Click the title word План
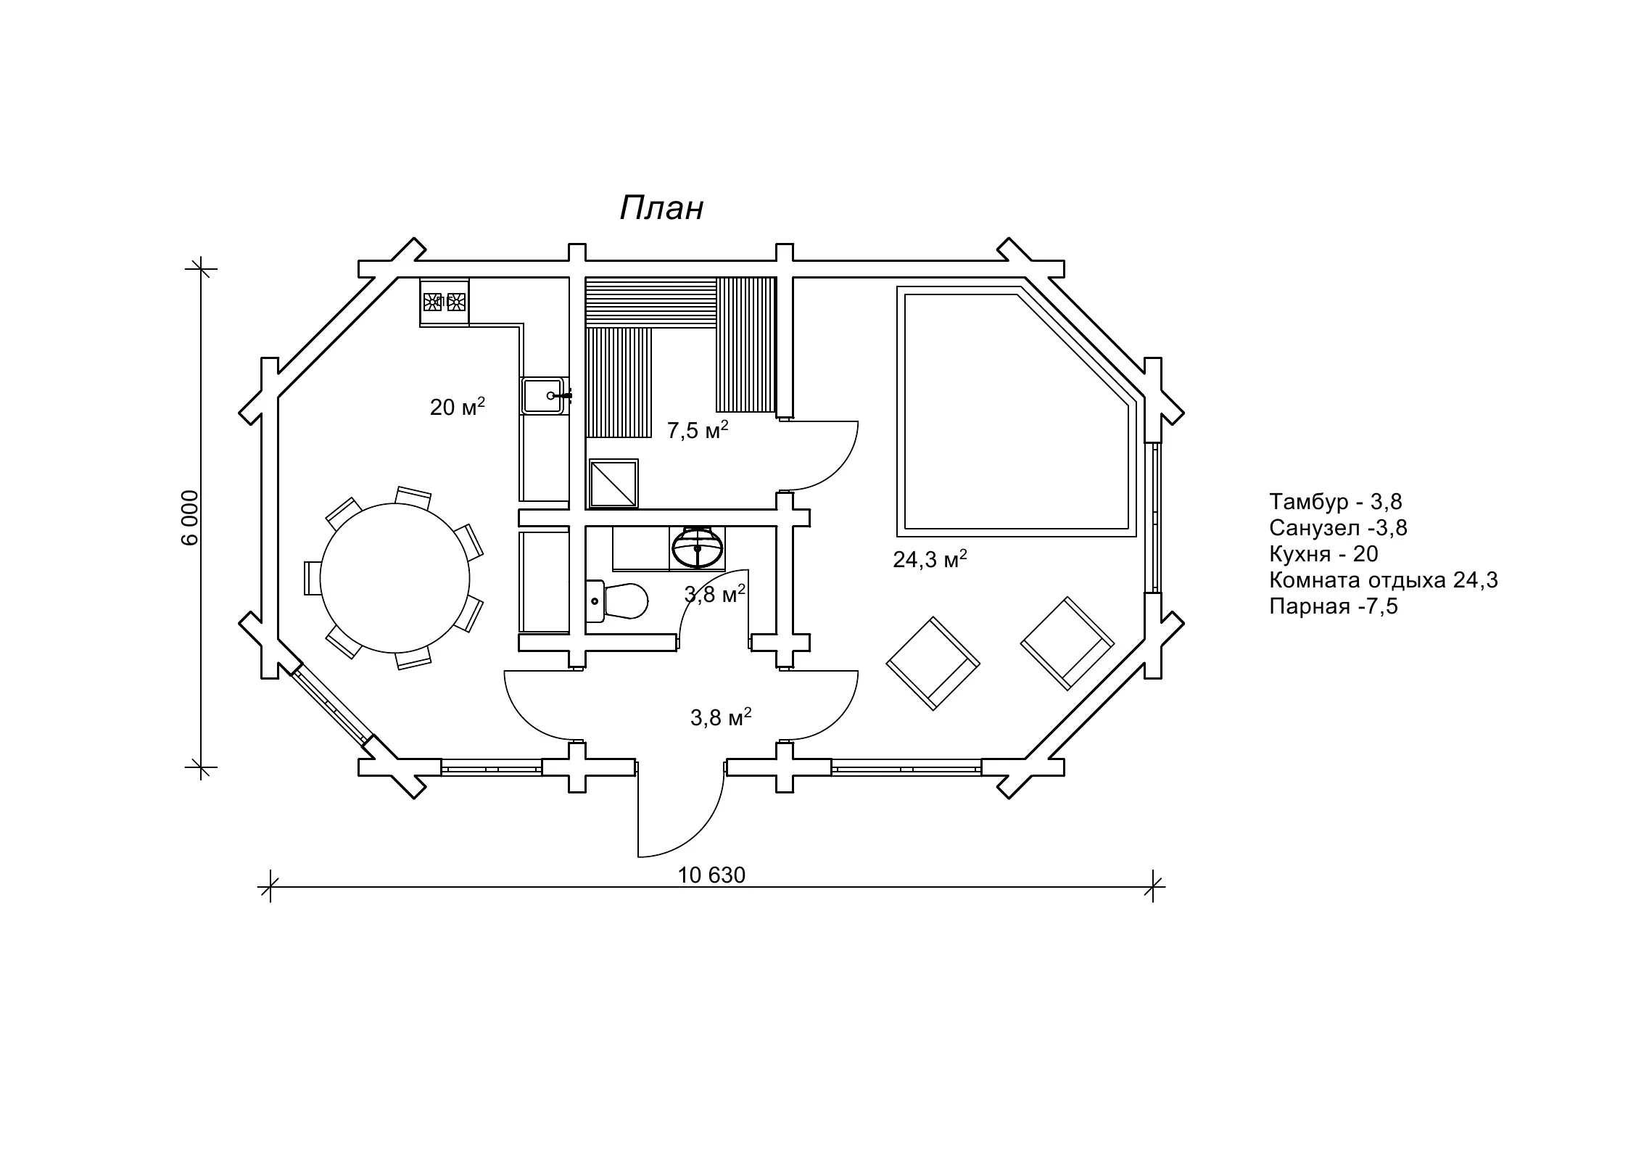click(661, 208)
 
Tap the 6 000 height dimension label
click(189, 517)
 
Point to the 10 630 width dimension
click(711, 875)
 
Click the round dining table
click(394, 578)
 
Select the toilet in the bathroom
click(616, 601)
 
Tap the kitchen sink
click(543, 395)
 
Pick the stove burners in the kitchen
click(445, 301)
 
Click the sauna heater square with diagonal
click(613, 483)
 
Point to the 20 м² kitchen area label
click(458, 406)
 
